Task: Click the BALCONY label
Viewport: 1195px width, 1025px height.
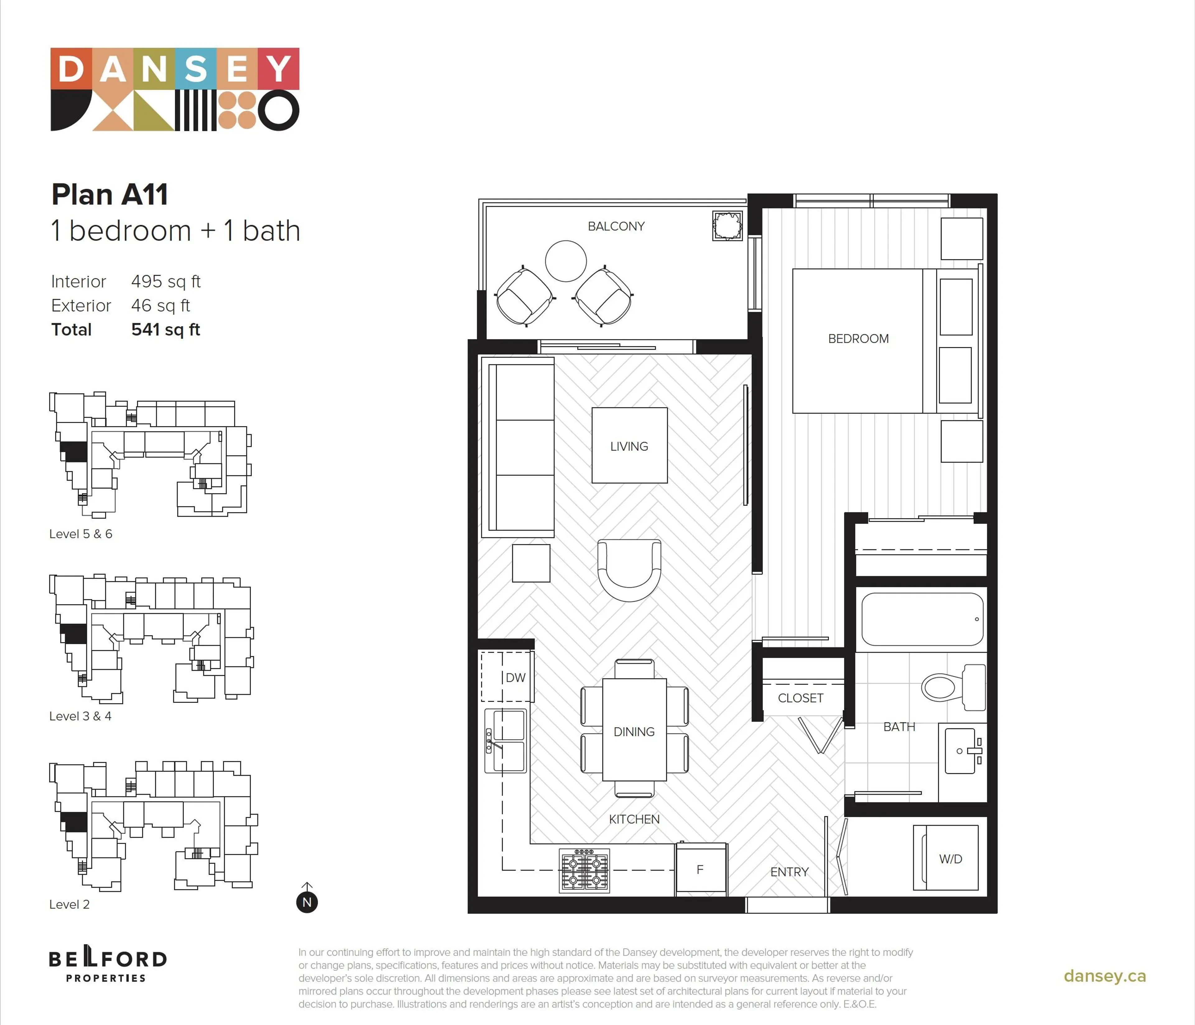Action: coord(616,226)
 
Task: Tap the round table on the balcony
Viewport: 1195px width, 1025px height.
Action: coord(566,261)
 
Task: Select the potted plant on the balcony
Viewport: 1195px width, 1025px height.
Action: coord(727,226)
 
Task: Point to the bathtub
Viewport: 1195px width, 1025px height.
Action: coord(922,619)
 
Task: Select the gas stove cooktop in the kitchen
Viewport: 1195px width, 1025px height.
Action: coord(584,870)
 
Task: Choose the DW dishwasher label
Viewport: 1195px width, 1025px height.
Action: coord(516,678)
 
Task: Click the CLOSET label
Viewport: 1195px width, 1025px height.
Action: coord(800,698)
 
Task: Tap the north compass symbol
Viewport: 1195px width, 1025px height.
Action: coord(307,901)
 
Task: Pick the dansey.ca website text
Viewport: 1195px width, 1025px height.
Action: coord(1104,976)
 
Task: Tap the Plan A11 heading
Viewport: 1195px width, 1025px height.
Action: coord(110,195)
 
